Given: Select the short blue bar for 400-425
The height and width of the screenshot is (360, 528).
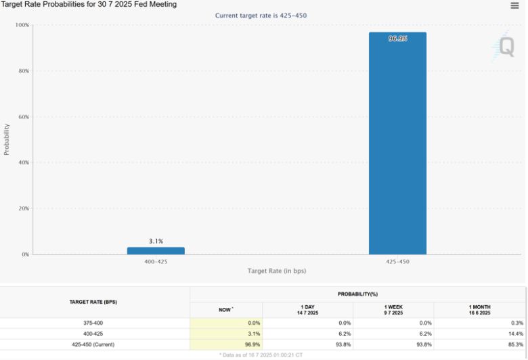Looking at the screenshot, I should (x=156, y=251).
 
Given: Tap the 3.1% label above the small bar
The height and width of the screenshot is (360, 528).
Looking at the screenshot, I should (x=156, y=241).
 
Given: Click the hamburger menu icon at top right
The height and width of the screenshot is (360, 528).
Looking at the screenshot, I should (x=515, y=5).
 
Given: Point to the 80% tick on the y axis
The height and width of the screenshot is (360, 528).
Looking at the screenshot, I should (x=22, y=71).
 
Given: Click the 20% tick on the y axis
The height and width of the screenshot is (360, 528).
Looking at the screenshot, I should (x=22, y=208).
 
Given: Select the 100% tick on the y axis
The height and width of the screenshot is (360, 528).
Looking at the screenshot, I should (x=22, y=25).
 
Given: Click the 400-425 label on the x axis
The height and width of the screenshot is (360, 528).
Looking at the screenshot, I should (x=156, y=261).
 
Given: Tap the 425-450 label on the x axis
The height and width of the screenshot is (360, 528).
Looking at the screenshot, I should (x=397, y=261).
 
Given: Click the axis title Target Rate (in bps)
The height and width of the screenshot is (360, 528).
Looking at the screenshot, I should (x=276, y=271).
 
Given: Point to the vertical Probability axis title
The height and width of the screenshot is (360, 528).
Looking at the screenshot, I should (x=7, y=139).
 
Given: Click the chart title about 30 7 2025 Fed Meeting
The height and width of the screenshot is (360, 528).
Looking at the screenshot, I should (x=89, y=5).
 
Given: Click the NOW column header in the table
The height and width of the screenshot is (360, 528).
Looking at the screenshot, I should (x=225, y=309).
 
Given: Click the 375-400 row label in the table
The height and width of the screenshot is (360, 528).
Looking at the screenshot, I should (x=93, y=323).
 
